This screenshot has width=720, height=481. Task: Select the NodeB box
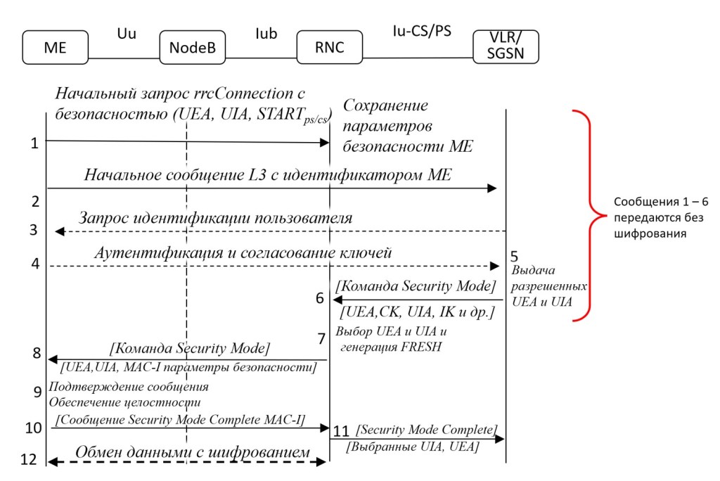[x=186, y=48]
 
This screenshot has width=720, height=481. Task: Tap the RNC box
[x=329, y=48]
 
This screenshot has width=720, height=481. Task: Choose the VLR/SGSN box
[x=506, y=46]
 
